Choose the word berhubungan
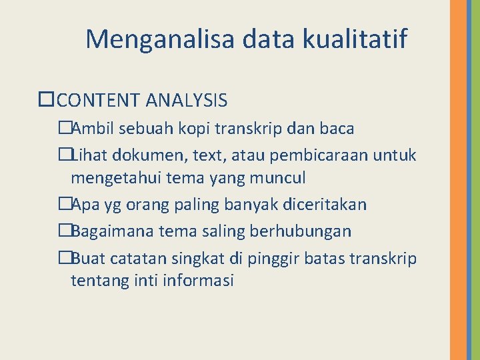click(309, 231)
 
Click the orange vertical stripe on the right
click(458, 180)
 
